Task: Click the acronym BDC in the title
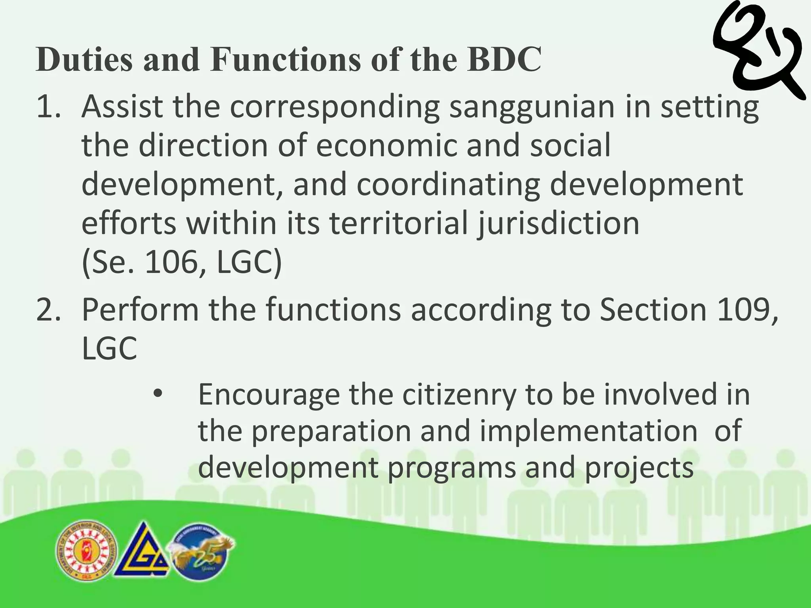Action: coord(504,59)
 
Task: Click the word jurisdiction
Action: coord(558,224)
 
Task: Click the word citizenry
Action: coord(459,395)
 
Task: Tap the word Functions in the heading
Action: coord(286,59)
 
